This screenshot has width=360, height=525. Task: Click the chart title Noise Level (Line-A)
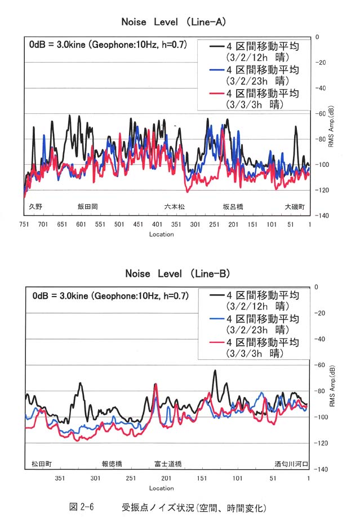[174, 22]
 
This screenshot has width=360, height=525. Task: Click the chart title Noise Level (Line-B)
[177, 273]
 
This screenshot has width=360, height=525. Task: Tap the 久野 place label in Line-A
[35, 206]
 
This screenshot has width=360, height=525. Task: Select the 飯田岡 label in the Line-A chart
[88, 206]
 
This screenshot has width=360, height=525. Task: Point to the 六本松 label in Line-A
[174, 206]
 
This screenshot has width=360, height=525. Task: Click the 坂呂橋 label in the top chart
[233, 206]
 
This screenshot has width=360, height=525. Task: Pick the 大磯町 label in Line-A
[295, 206]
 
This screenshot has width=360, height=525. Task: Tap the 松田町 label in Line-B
[42, 464]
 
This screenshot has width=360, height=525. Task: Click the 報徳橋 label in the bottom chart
[112, 464]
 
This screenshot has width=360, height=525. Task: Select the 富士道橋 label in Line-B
[168, 464]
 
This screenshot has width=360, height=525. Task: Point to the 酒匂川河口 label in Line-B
[291, 464]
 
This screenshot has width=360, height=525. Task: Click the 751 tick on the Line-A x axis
[24, 224]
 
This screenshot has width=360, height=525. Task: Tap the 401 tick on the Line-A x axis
[157, 224]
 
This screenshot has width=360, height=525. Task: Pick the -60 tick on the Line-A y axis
[321, 114]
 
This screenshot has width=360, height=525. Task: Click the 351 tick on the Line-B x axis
[60, 478]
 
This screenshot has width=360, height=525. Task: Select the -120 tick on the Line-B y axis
[321, 443]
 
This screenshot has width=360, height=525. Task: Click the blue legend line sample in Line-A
[216, 70]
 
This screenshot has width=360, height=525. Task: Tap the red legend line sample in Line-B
[216, 342]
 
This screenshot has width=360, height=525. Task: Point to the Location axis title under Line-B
[162, 488]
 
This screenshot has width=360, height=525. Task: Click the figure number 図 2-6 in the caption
[81, 507]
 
